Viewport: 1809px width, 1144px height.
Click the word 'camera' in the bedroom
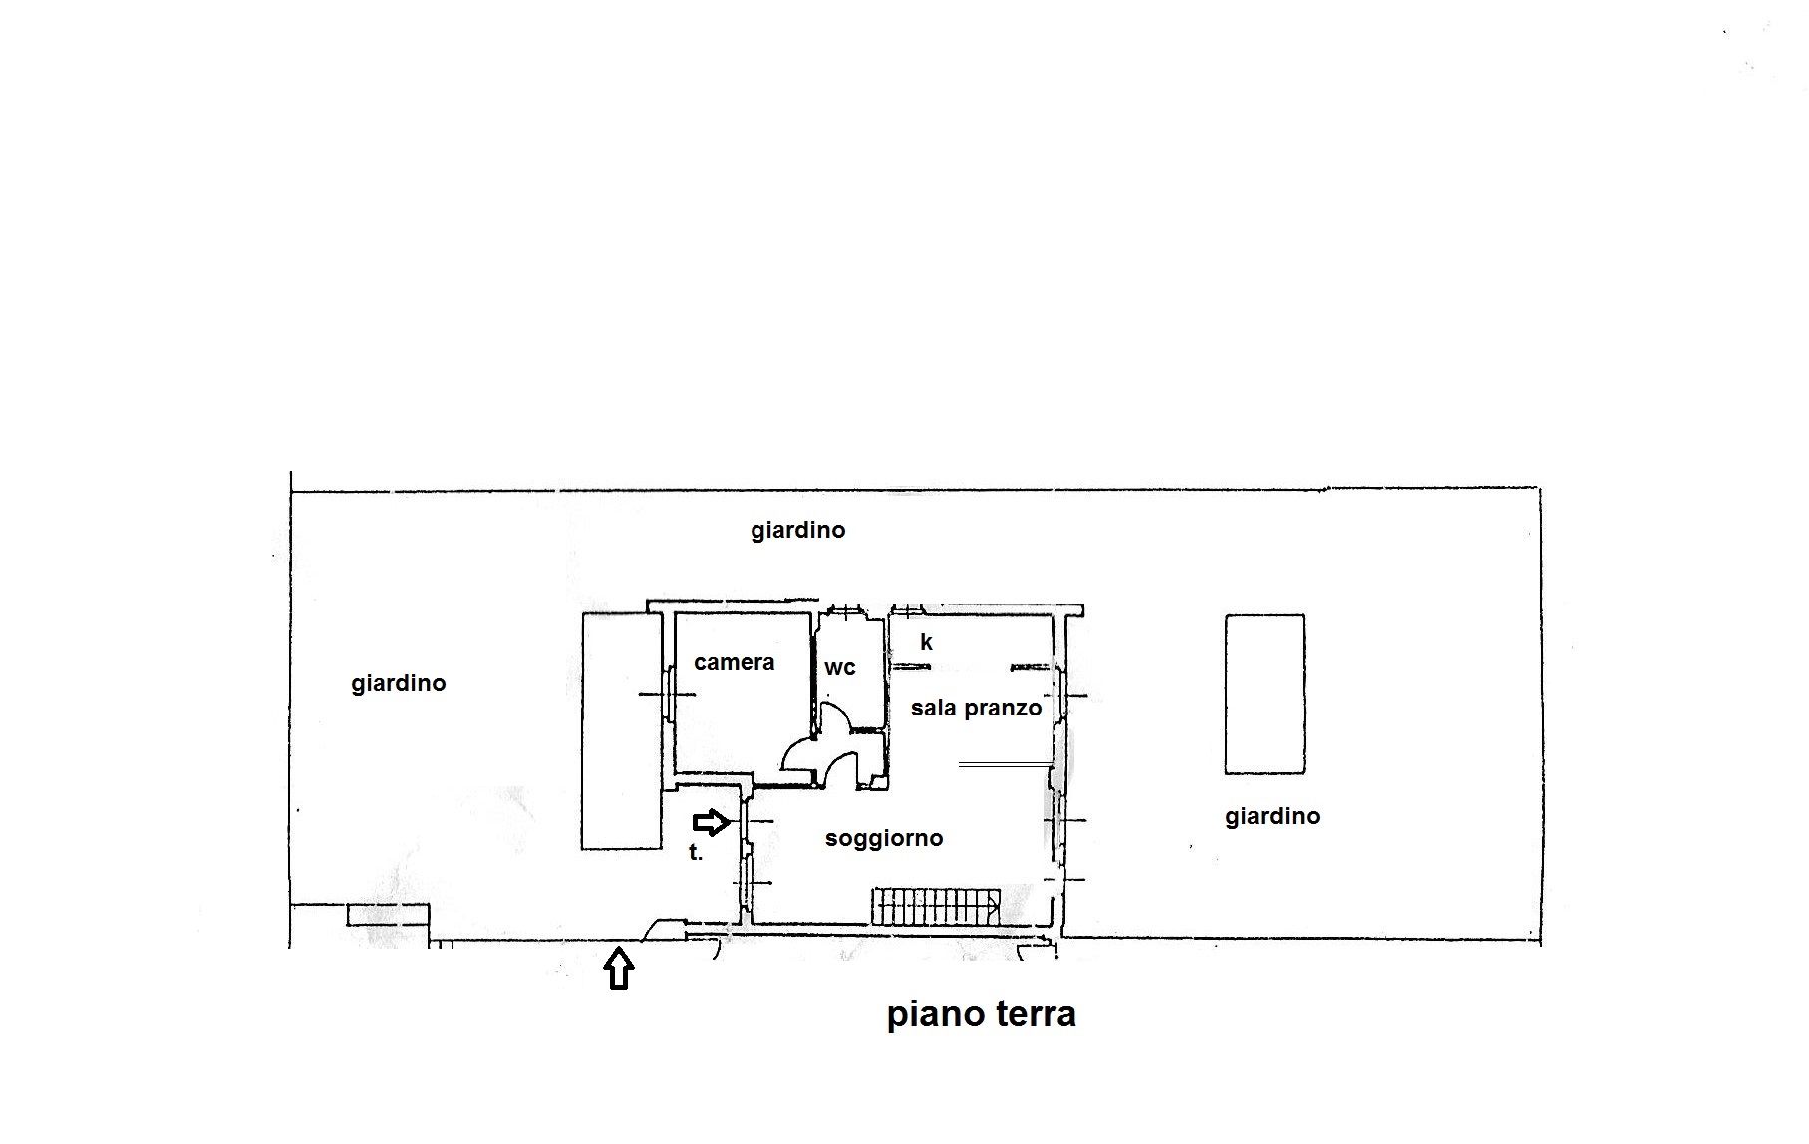coord(735,663)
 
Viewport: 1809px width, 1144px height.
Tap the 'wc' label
coord(840,668)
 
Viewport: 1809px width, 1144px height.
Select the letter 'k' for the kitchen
coord(926,642)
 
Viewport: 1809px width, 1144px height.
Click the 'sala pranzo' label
coord(976,708)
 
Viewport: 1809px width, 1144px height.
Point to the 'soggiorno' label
coord(884,838)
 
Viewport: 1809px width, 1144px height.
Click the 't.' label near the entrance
coord(696,852)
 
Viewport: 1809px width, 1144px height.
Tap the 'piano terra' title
coord(982,1014)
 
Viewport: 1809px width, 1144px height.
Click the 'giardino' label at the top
coord(798,530)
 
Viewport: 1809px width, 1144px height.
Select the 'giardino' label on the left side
coord(399,683)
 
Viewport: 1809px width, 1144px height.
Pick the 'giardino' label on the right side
coord(1273,816)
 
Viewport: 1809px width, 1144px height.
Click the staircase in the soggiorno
coord(936,906)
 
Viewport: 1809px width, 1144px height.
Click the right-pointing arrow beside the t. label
coord(711,822)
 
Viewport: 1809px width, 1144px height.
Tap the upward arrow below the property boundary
coord(619,968)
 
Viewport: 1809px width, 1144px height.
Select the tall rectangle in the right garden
coord(1265,694)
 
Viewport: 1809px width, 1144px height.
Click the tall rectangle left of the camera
coord(622,731)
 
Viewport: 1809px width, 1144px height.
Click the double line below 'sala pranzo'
coord(1006,764)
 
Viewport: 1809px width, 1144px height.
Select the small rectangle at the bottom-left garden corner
coord(388,915)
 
